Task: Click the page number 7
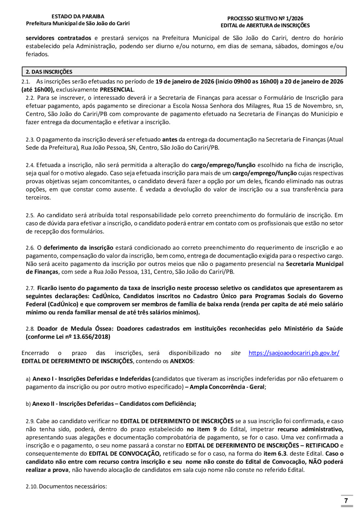(x=346, y=500)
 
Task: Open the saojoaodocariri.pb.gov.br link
(x=294, y=353)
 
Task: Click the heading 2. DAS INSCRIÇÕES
(x=49, y=72)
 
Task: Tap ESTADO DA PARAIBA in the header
(x=78, y=16)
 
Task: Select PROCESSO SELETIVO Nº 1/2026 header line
(x=265, y=18)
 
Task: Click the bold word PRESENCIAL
(x=117, y=90)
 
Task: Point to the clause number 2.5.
(x=30, y=215)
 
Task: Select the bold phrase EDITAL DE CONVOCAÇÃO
(x=125, y=454)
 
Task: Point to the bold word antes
(x=170, y=139)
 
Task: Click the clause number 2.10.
(x=31, y=487)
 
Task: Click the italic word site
(x=235, y=353)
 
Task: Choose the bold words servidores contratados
(x=58, y=38)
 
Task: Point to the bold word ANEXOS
(x=181, y=361)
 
